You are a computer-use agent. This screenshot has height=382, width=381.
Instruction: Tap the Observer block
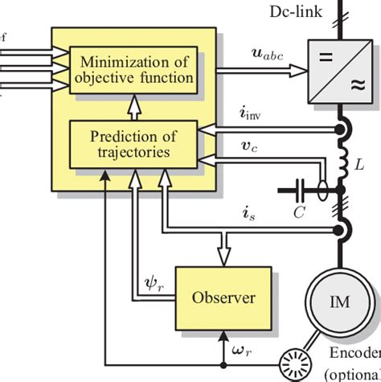(x=223, y=298)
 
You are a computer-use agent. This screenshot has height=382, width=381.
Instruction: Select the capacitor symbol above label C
(x=299, y=191)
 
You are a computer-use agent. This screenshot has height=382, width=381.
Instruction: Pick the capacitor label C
(x=299, y=213)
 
